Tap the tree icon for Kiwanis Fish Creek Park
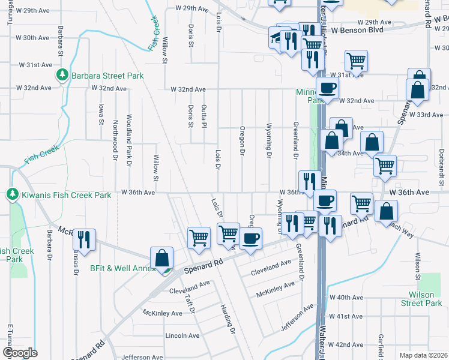(x=12, y=194)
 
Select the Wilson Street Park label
(x=425, y=299)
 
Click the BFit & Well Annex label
(x=123, y=268)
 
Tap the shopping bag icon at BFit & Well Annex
(x=161, y=258)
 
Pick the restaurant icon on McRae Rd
(x=84, y=239)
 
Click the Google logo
(x=20, y=353)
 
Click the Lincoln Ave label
(x=182, y=335)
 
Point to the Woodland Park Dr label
(x=128, y=140)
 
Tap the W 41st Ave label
(x=345, y=316)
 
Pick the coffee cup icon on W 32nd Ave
(x=327, y=88)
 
